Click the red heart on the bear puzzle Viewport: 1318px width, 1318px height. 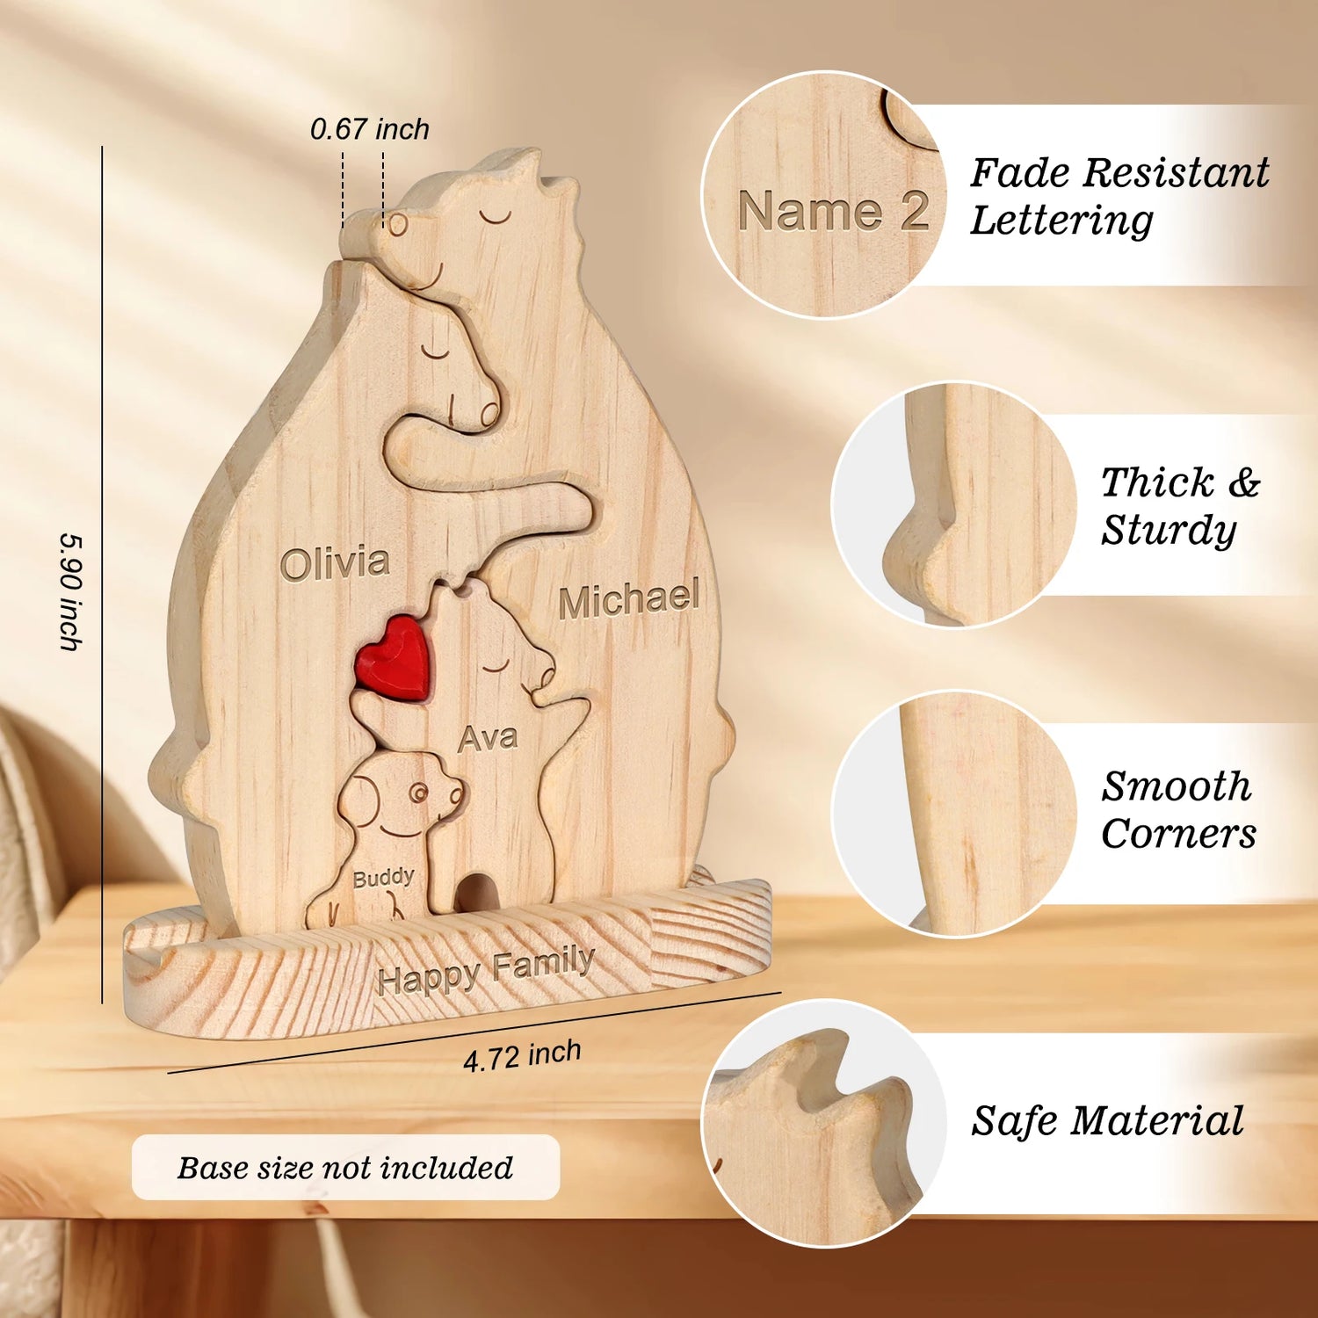point(393,657)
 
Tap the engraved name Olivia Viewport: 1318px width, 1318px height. point(335,563)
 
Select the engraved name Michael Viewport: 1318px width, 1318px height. point(629,599)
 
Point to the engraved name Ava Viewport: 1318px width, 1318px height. point(488,738)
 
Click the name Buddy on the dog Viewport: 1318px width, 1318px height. point(383,878)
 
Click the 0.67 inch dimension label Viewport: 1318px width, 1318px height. point(370,129)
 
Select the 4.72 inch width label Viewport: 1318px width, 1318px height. point(522,1055)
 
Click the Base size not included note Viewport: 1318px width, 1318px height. point(345,1167)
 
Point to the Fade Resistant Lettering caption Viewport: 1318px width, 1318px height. point(1119,195)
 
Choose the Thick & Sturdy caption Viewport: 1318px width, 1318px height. point(1179,505)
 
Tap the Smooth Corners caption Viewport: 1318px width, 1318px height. point(1178,809)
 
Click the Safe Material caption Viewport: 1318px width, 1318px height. point(1107,1121)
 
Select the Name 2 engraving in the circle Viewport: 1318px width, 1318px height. point(833,211)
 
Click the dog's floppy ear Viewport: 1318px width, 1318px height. point(358,800)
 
